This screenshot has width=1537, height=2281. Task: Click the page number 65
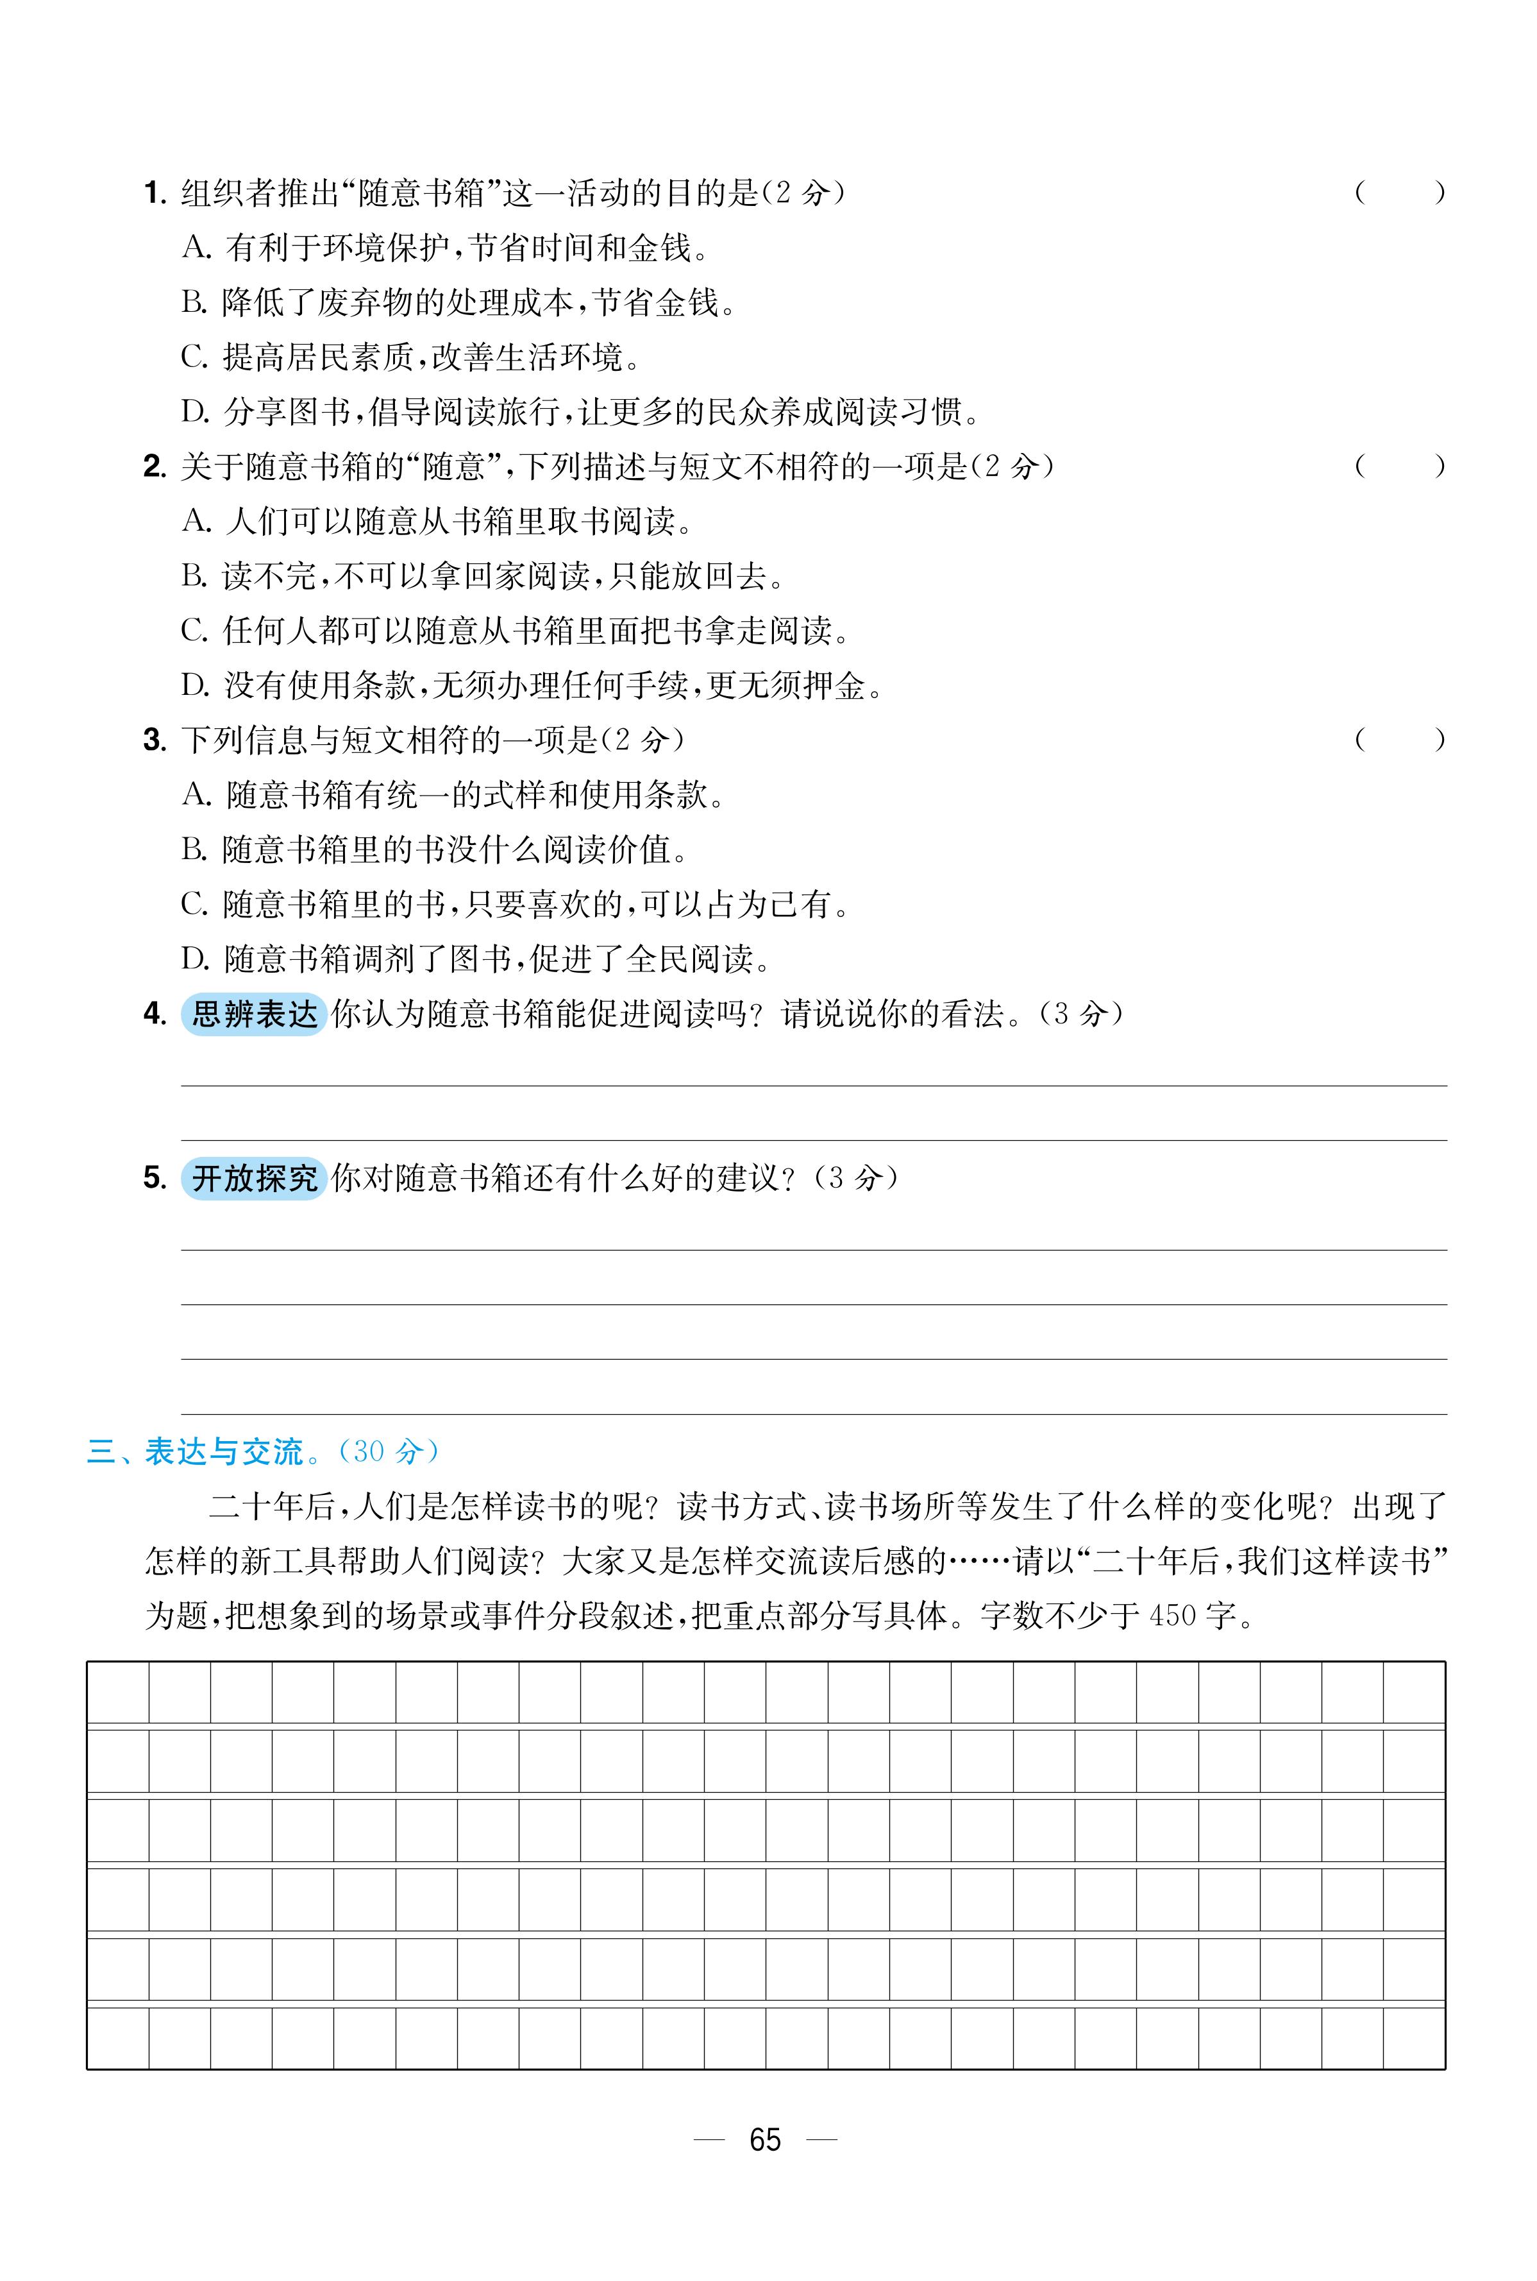click(764, 2139)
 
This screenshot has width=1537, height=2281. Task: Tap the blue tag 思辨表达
click(254, 1013)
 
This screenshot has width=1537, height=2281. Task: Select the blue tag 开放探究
click(254, 1178)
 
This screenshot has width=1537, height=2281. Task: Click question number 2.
click(154, 467)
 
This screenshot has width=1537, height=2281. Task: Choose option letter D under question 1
click(195, 412)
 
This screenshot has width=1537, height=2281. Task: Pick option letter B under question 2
click(193, 576)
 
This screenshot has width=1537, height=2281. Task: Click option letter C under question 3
click(193, 904)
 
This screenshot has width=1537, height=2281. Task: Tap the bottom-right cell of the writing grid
click(1413, 2037)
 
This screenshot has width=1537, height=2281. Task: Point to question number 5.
click(154, 1178)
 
